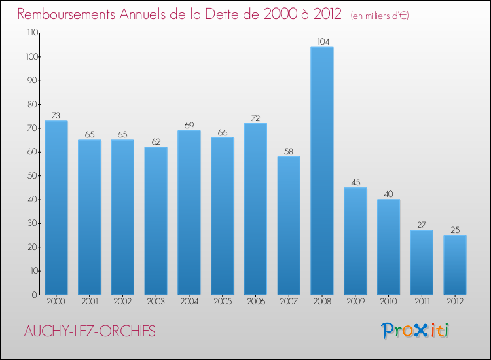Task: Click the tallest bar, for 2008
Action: (322, 171)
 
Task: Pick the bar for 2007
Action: (289, 225)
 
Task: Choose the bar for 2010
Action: (388, 247)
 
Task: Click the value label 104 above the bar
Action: (322, 42)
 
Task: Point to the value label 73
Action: (56, 115)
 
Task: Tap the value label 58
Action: (289, 151)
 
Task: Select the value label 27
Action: (422, 225)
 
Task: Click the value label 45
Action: (355, 183)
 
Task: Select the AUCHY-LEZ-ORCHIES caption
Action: (90, 331)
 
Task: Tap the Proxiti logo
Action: (415, 331)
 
